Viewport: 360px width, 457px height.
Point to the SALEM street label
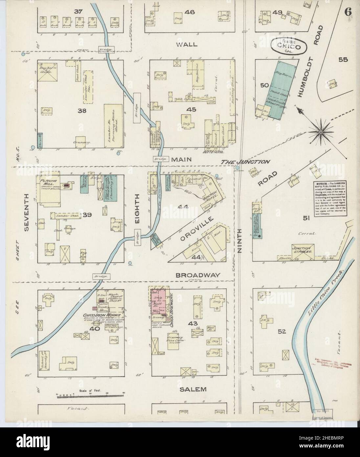(x=193, y=389)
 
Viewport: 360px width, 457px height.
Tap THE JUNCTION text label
(x=245, y=162)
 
